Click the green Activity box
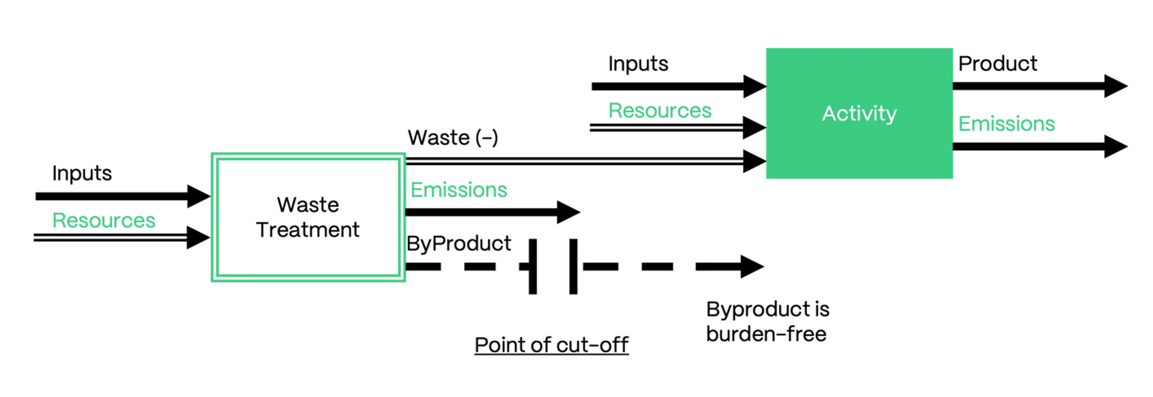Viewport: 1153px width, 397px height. [x=859, y=113]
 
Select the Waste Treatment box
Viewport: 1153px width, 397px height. [x=308, y=217]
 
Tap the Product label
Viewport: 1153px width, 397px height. [x=998, y=64]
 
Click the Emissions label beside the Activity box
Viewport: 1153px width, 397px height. [x=1007, y=123]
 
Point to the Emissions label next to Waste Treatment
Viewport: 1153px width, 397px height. [x=459, y=190]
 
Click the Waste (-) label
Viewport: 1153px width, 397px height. [x=452, y=137]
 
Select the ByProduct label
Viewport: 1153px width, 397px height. [x=459, y=243]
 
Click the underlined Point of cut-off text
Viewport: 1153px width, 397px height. [x=551, y=345]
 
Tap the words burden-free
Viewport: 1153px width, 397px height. [x=766, y=334]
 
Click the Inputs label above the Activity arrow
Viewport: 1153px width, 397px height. [x=638, y=64]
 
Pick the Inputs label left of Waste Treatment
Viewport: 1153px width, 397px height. [x=82, y=173]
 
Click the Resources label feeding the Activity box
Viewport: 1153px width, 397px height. [x=660, y=111]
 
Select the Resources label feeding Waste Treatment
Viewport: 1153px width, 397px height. [x=104, y=221]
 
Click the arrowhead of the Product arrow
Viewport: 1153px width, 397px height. [x=1116, y=86]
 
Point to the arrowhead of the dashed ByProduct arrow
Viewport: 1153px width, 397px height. [x=751, y=266]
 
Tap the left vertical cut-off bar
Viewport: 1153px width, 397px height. [x=533, y=266]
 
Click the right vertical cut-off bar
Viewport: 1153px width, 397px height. [x=573, y=266]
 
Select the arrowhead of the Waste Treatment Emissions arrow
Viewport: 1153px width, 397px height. [x=568, y=212]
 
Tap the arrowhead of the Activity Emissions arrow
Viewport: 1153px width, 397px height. [x=1116, y=147]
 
